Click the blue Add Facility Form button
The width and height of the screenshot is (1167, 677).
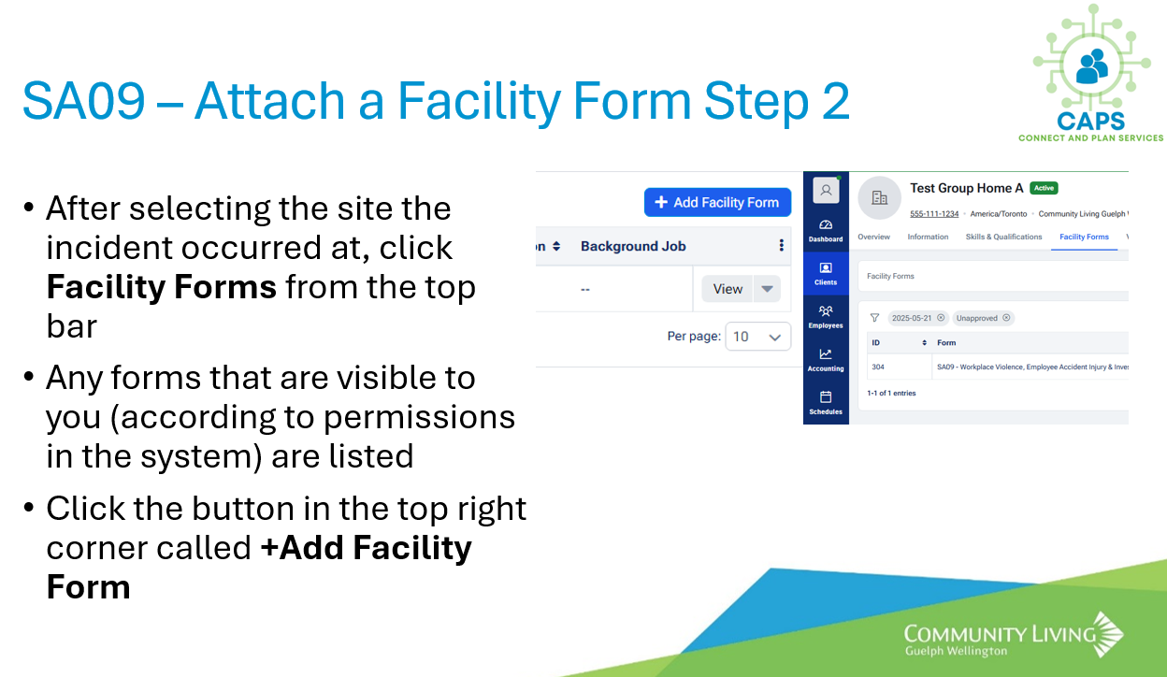pos(717,202)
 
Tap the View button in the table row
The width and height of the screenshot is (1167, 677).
pos(728,289)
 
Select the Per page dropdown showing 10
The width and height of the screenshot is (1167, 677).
pos(757,337)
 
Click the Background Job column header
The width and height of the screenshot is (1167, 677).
pos(633,246)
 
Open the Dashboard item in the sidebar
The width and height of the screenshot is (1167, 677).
pos(826,231)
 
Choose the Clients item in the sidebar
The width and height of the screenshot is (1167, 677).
pos(826,274)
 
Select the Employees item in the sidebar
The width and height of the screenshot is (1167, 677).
pos(826,317)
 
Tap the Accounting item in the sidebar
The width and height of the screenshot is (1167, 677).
pos(826,360)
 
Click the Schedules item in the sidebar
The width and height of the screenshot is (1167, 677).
pos(826,403)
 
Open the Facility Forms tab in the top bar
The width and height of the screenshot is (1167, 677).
pos(1084,238)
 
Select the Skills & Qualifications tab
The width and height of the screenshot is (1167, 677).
pos(1003,238)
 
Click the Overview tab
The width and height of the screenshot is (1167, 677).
pos(873,238)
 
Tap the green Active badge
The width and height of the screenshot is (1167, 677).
pos(1044,188)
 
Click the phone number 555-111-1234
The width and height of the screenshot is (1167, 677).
pos(934,214)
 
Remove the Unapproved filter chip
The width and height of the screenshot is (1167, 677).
pos(1006,318)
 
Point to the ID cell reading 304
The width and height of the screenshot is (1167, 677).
pos(878,367)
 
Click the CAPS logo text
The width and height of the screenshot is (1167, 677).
pos(1090,122)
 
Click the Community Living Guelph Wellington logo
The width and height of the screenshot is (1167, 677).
pos(1014,635)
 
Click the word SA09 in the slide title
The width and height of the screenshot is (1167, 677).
pos(83,100)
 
